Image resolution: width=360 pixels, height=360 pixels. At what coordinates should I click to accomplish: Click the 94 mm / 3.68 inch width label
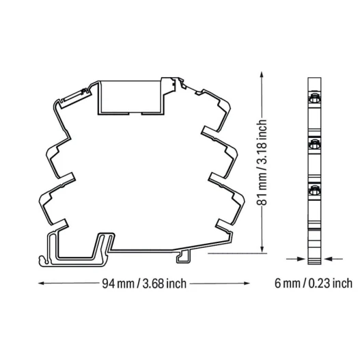point(144,283)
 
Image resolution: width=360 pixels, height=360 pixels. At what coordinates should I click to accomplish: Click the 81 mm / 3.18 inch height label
point(262,162)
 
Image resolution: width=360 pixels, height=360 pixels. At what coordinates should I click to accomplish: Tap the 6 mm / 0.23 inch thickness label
point(314,283)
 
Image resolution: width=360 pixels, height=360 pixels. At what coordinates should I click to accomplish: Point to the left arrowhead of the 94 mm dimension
point(41,283)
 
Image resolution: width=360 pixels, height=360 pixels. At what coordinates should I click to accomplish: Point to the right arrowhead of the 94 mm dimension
point(247,283)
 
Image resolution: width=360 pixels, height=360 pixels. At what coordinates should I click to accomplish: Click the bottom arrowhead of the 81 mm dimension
point(261,249)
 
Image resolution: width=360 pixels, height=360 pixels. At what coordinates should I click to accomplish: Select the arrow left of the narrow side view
point(296,259)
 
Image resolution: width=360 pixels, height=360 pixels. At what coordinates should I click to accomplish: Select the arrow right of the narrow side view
point(333,259)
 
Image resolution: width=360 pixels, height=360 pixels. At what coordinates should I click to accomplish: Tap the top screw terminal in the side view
point(314,98)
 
